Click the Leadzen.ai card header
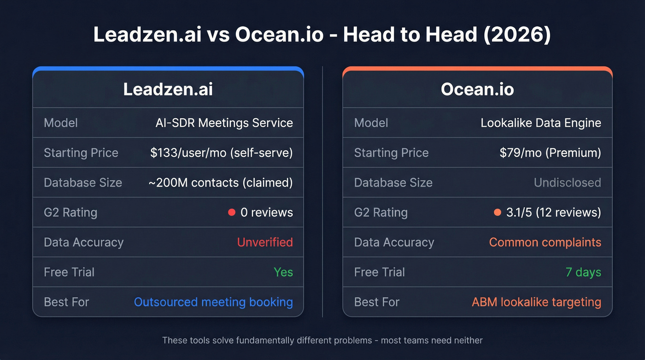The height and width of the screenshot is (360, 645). point(168,89)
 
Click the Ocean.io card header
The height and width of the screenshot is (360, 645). point(477,89)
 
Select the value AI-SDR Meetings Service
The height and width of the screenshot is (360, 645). point(224,123)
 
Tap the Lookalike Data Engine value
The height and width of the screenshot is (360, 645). point(540,123)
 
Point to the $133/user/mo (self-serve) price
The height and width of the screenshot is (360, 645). point(221,153)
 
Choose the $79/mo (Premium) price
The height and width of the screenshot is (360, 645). point(550,153)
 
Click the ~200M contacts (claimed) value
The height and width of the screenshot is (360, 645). point(220,183)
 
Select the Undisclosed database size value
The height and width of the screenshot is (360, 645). point(567,183)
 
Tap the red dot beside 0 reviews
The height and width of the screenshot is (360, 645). point(232,212)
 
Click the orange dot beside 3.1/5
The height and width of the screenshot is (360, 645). point(497,212)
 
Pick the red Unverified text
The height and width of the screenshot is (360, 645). point(265,242)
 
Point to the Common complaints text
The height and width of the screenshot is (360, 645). point(545,242)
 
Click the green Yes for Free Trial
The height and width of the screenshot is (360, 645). point(283,272)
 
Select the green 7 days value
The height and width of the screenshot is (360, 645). point(583,272)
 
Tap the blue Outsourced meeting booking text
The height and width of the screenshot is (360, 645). point(213,302)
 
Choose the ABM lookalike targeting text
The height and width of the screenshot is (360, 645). point(536,302)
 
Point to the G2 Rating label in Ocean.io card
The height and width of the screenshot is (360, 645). point(381,212)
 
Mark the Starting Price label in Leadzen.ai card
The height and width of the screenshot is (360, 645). point(81,153)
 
